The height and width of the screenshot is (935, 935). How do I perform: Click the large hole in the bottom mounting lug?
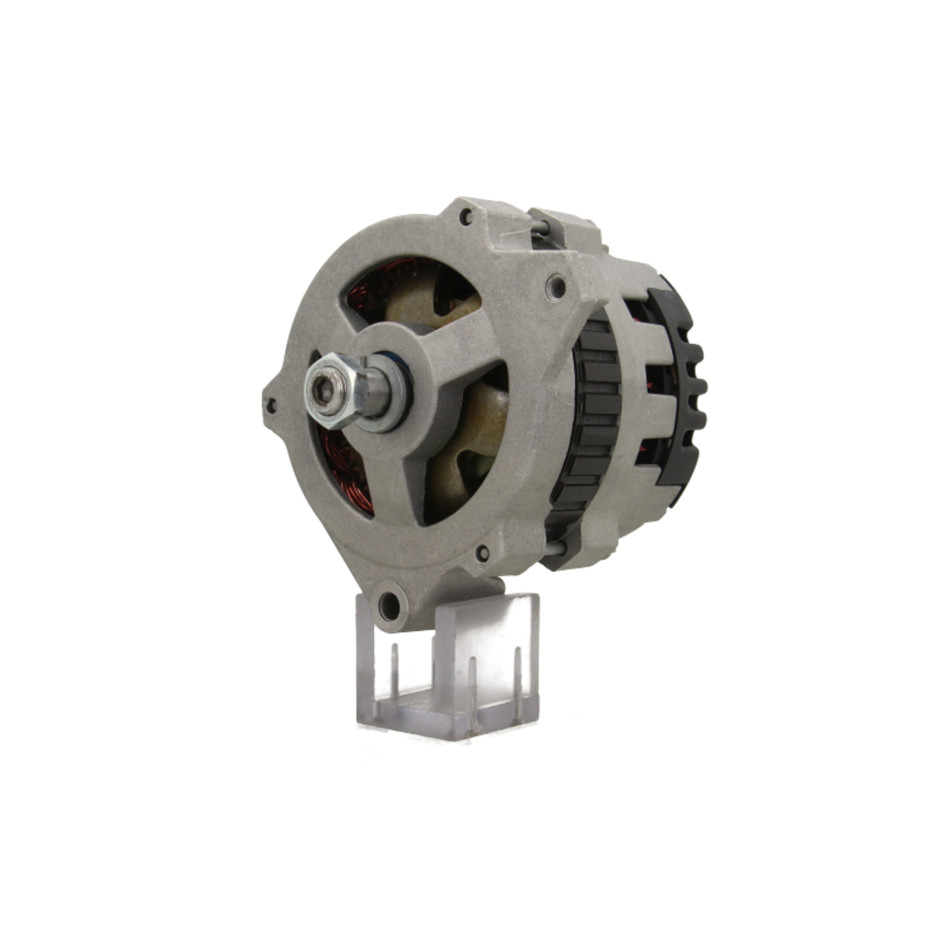(x=390, y=607)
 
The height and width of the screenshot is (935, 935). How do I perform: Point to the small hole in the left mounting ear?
(x=271, y=405)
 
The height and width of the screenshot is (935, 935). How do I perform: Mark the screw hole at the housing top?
(x=465, y=217)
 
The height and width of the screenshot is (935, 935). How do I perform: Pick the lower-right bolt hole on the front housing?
(x=482, y=553)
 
